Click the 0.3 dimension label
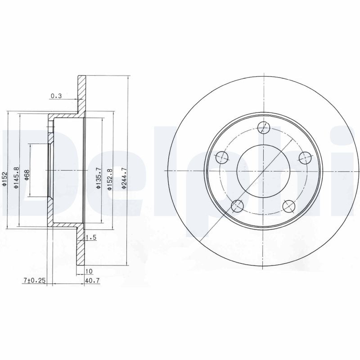tap(56, 95)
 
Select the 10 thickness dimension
tap(88, 271)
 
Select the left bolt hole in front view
tap(222, 157)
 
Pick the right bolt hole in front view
tap(305, 157)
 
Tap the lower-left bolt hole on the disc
tap(237, 206)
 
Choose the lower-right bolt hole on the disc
tap(289, 206)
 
